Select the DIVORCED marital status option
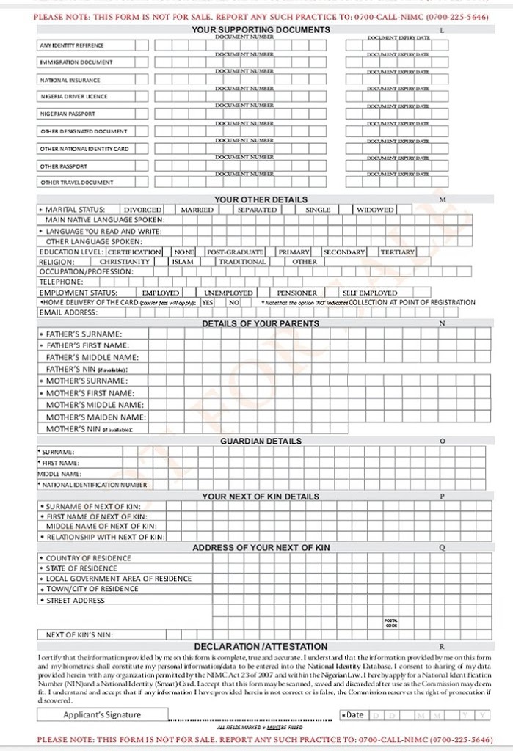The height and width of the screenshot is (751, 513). (x=142, y=210)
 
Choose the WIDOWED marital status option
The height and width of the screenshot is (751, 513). (x=375, y=210)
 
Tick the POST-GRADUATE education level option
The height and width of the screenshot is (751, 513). (x=235, y=252)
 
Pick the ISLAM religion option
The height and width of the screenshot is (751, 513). (x=183, y=261)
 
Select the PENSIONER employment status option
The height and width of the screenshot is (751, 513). (x=296, y=293)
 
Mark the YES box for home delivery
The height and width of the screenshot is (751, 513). (x=208, y=302)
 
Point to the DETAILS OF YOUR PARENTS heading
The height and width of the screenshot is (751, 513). (x=261, y=323)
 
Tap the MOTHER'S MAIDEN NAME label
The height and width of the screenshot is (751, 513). (x=95, y=417)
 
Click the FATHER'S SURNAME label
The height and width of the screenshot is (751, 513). (x=84, y=334)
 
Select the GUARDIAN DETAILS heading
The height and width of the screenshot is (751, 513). (x=261, y=441)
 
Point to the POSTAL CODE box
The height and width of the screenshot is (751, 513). (x=391, y=623)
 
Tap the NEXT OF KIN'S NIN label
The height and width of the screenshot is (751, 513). (x=79, y=635)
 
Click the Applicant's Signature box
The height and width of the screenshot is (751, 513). (x=102, y=714)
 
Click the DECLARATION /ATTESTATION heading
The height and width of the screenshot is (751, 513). (x=261, y=646)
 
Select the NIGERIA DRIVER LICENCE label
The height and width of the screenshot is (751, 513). (x=73, y=96)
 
